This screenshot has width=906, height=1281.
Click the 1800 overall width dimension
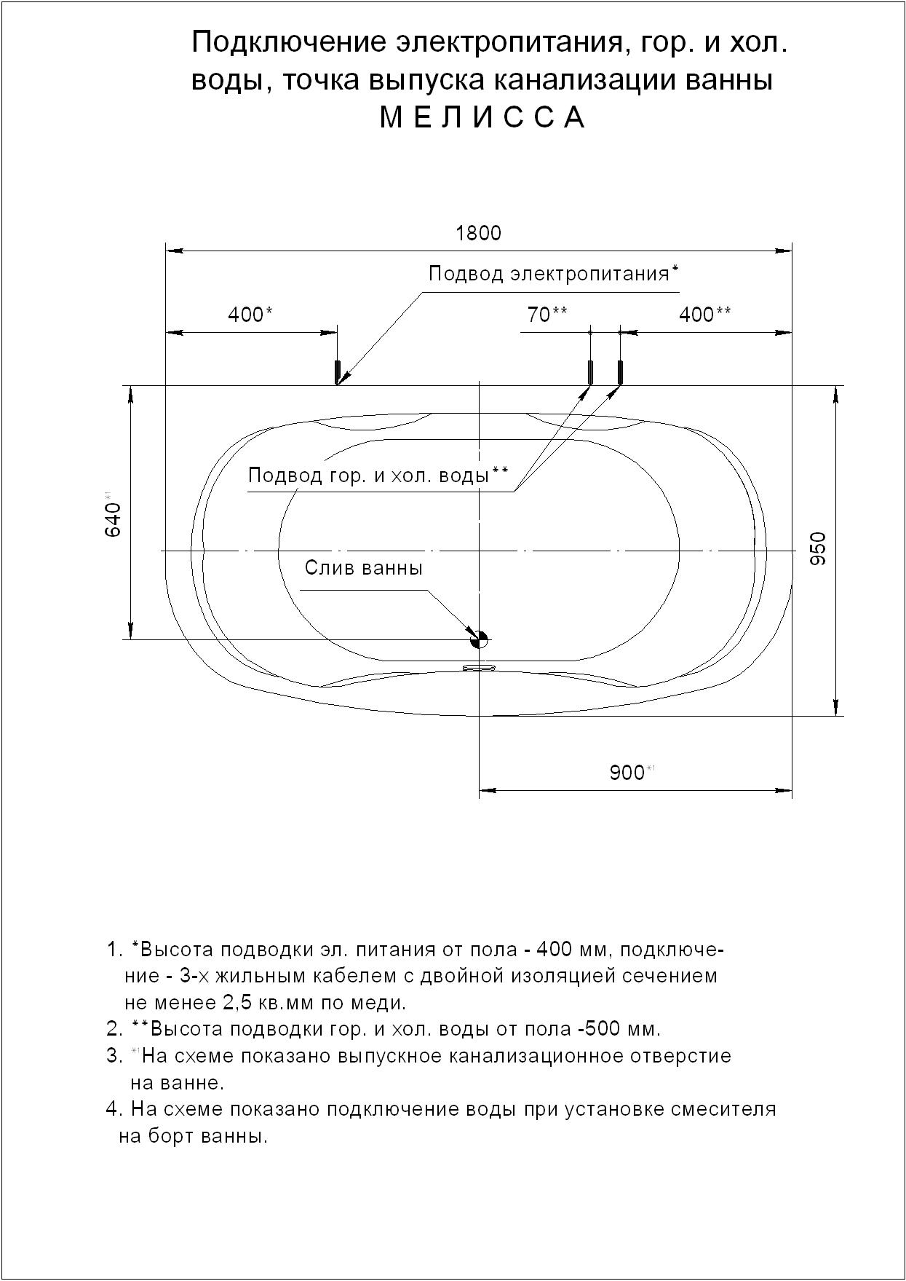tap(478, 233)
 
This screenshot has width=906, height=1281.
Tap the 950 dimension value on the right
tap(818, 549)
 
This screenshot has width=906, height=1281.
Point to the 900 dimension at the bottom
tap(627, 773)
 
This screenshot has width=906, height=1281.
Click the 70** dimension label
tap(547, 315)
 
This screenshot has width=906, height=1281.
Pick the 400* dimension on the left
tap(250, 315)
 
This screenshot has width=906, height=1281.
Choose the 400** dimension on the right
tap(704, 315)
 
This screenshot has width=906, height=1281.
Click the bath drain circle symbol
tap(479, 639)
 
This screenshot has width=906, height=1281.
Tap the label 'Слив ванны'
tap(363, 568)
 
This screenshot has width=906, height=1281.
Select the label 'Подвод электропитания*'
tap(553, 274)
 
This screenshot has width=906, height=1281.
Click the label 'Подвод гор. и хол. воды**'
tap(378, 476)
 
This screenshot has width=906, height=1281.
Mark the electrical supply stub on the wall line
tap(337, 371)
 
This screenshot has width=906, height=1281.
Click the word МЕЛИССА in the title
tap(482, 118)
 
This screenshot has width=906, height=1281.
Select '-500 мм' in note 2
tap(619, 1029)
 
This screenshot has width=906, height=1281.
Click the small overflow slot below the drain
tap(478, 666)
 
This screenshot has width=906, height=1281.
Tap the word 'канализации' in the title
tap(587, 80)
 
